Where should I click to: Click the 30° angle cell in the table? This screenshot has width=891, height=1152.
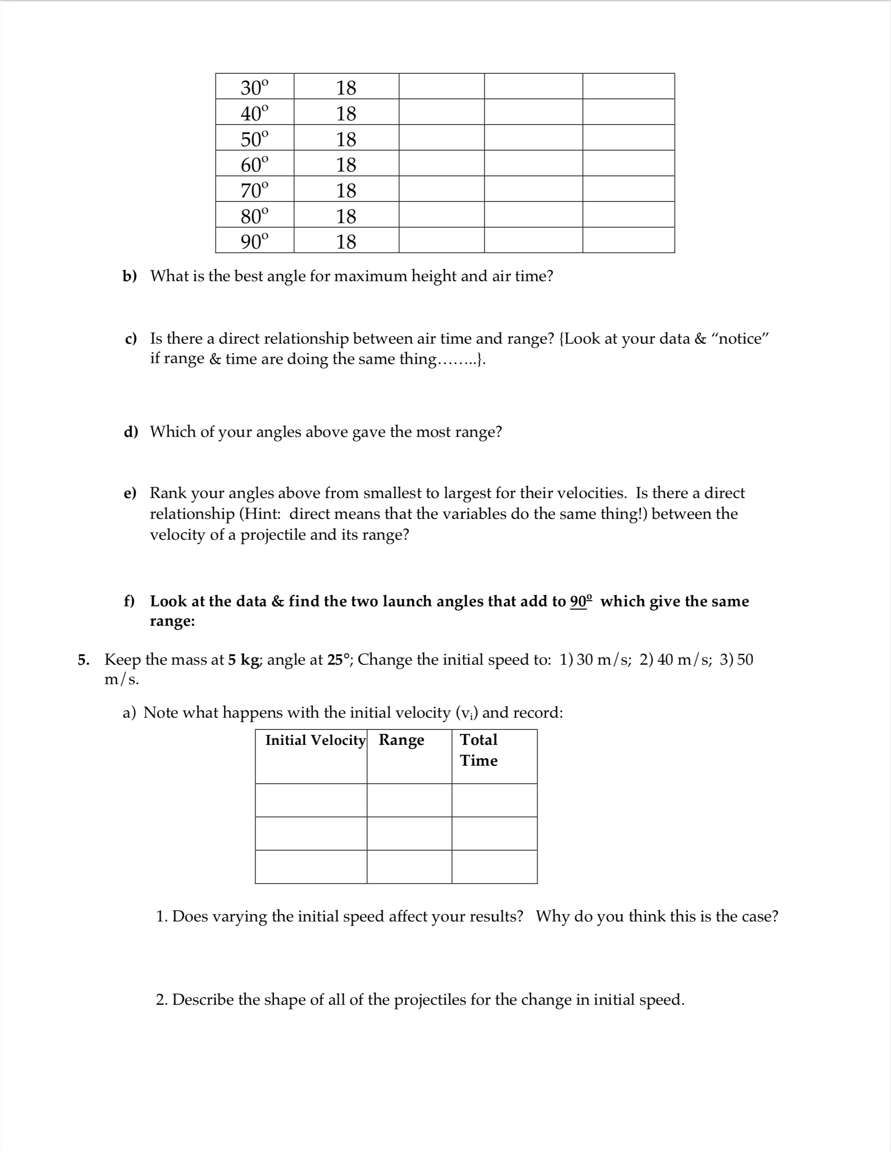[254, 87]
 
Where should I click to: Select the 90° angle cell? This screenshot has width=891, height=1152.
[254, 241]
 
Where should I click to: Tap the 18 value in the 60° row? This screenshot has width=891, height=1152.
[346, 164]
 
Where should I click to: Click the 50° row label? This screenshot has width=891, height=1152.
[254, 139]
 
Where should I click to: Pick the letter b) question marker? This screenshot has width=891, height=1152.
[129, 276]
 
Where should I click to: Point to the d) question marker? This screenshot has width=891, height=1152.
[130, 432]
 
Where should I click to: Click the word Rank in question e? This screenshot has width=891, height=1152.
[169, 493]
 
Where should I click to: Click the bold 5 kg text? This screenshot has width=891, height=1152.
[244, 659]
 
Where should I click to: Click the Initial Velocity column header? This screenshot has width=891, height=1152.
[315, 740]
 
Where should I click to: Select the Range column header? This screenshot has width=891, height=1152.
[401, 740]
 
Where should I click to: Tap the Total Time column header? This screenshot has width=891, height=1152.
[478, 749]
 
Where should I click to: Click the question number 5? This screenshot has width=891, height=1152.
[83, 660]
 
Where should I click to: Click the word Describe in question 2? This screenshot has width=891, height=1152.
[202, 999]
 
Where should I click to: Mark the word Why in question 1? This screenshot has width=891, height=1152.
[552, 916]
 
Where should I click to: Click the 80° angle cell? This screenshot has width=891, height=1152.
[254, 216]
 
